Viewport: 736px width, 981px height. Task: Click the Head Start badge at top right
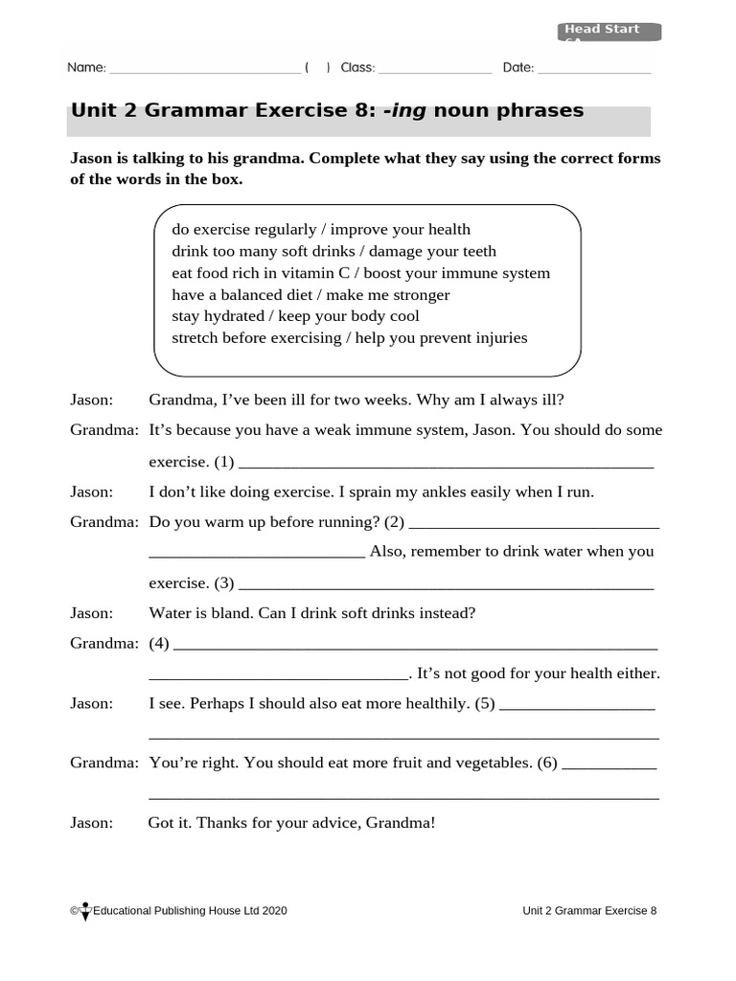[x=609, y=32]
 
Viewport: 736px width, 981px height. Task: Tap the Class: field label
[x=357, y=68]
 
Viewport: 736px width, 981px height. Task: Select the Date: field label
[x=517, y=68]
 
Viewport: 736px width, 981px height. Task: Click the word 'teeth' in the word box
[x=475, y=251]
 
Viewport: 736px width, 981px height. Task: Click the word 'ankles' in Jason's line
[x=436, y=492]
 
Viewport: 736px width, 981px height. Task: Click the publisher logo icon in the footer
[x=85, y=911]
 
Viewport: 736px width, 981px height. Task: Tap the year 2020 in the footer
[x=273, y=911]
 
